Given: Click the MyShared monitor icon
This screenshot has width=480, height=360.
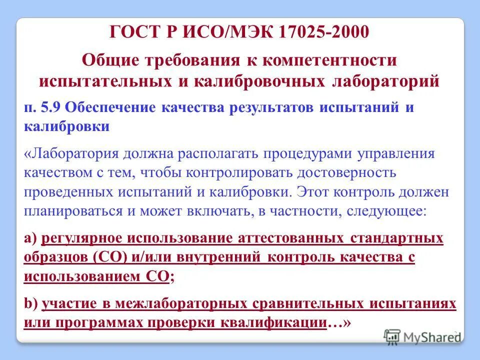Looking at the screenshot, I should pos(392,336).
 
